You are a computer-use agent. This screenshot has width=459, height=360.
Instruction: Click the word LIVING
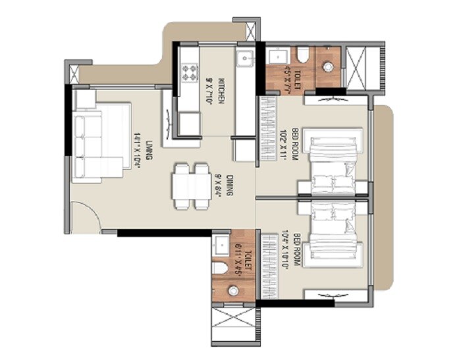[x=149, y=150]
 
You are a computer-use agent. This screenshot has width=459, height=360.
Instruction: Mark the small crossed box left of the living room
[x=72, y=72]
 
